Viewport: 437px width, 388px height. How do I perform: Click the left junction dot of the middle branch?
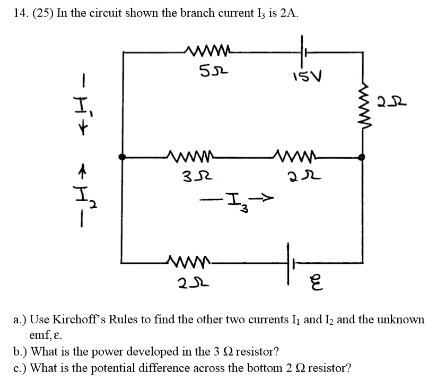(x=123, y=157)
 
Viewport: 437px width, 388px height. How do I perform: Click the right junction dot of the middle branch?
(x=362, y=157)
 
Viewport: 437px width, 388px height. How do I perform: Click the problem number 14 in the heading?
(x=19, y=14)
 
